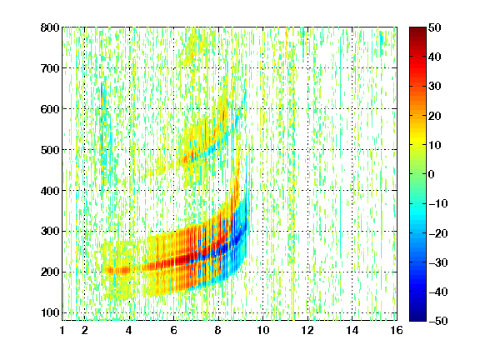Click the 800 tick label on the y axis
tap(50, 27)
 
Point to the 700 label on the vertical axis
tap(50, 68)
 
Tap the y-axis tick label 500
tap(50, 150)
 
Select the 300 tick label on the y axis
tap(50, 232)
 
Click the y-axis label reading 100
tap(50, 312)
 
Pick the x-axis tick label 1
tap(62, 330)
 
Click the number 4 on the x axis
tap(129, 330)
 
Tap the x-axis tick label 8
tap(218, 330)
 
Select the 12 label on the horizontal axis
tap(307, 330)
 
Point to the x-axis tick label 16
tap(397, 330)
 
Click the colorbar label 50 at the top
tap(435, 27)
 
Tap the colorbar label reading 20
tap(435, 116)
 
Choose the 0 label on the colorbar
tap(432, 174)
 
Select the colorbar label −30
tap(438, 262)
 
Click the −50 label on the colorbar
tap(438, 321)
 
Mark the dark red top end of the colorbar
tap(417, 31)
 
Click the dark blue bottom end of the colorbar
tap(417, 317)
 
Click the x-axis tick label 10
tap(262, 330)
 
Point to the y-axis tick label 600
tap(50, 109)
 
